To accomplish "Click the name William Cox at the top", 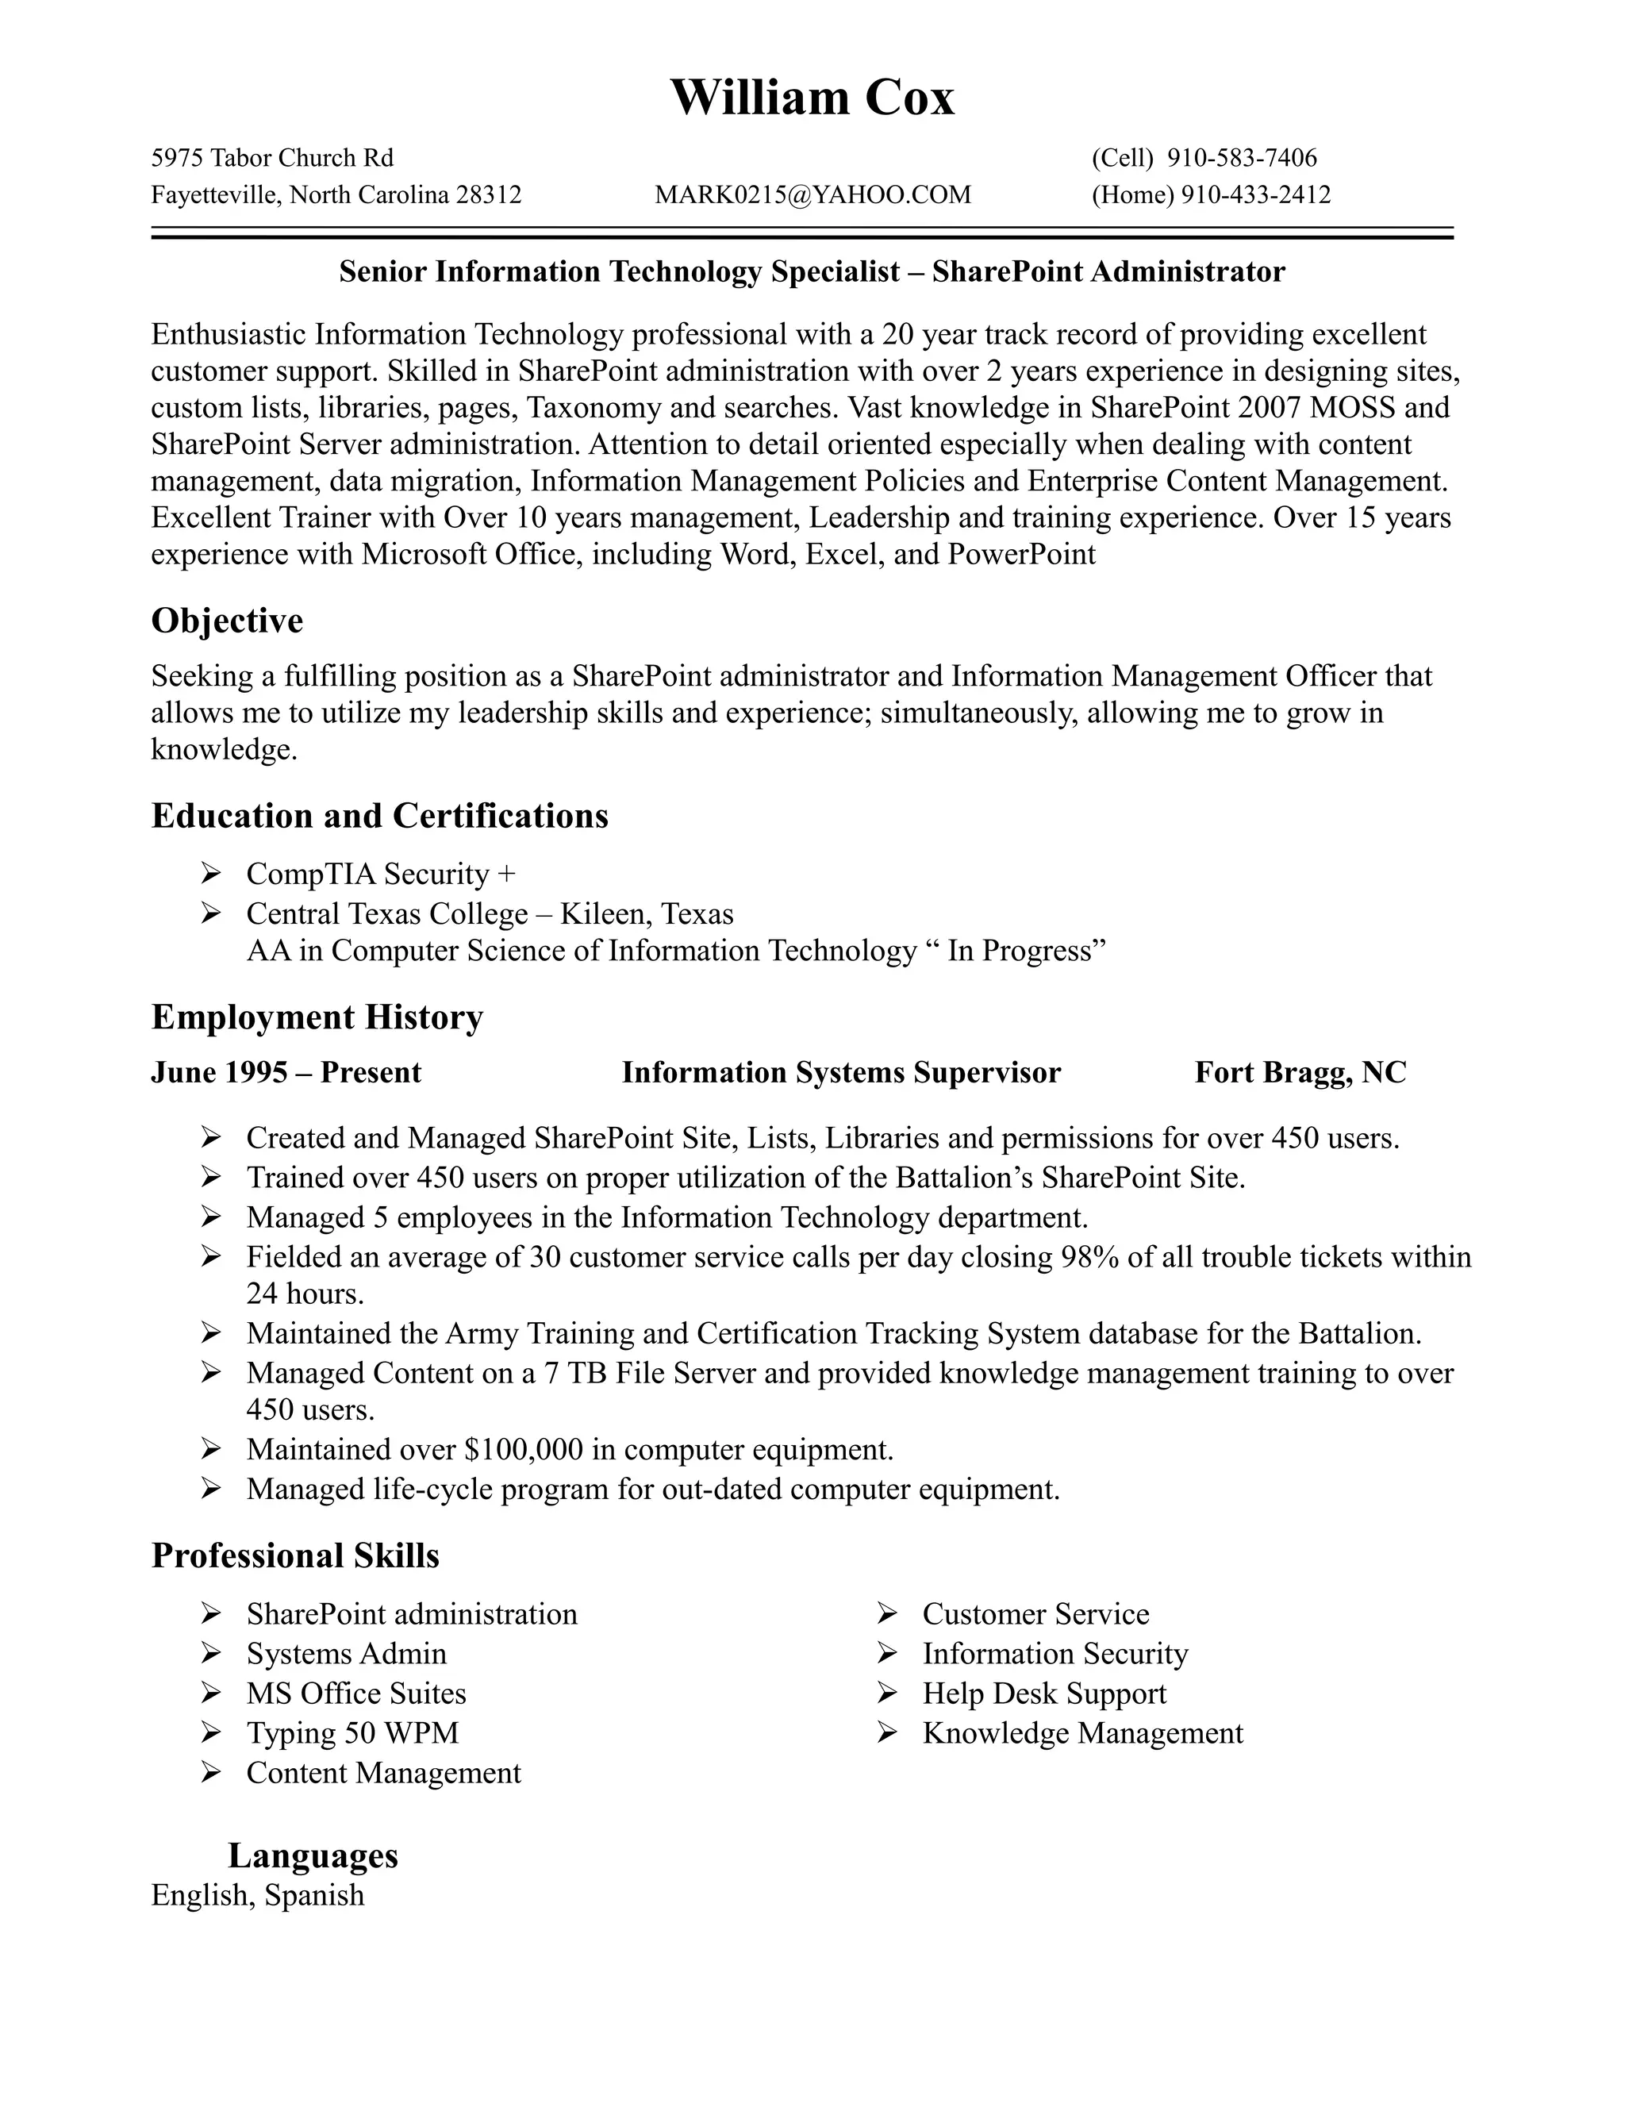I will (812, 98).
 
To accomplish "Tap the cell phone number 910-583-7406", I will (1241, 158).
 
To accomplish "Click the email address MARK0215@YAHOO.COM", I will (812, 195).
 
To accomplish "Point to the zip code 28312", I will (488, 195).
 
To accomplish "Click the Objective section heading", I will (227, 621).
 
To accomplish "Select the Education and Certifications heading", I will (379, 817).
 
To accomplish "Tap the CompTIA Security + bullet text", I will (380, 875).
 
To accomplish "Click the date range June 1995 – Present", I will (286, 1073).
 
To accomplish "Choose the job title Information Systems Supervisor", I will (840, 1073).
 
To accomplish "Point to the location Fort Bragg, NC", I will (1300, 1073).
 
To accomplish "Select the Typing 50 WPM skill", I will (352, 1733).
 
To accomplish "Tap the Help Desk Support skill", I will (1043, 1694).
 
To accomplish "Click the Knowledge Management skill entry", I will (1082, 1733).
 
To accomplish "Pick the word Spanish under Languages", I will (314, 1895).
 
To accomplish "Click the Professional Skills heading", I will (294, 1556).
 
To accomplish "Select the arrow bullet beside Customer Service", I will (886, 1614).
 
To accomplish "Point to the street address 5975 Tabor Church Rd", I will (272, 158).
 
